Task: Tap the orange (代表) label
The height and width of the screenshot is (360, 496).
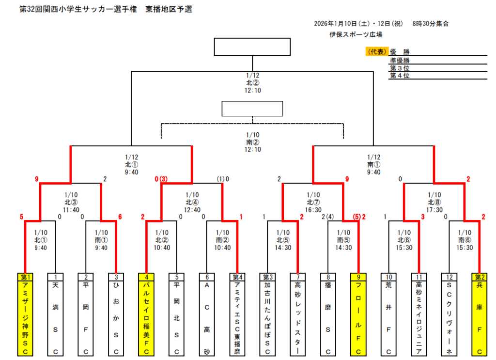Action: tap(376, 52)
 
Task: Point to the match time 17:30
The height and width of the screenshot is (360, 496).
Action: tap(434, 210)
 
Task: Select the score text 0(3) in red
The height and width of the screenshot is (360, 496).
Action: tap(161, 179)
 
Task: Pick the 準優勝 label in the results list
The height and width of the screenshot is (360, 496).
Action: tap(400, 60)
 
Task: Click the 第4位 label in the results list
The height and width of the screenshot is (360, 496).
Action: tap(400, 75)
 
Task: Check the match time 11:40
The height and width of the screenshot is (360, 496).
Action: tap(70, 210)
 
